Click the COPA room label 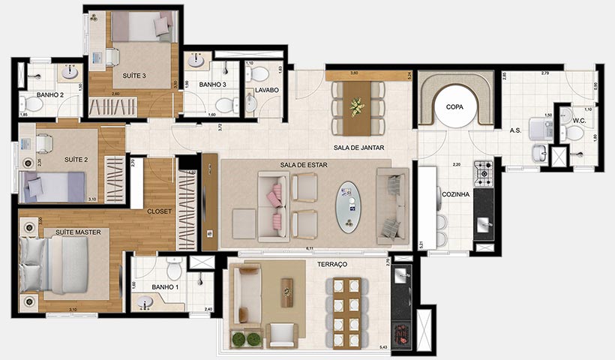click(454, 106)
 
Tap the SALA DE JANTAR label click(359, 148)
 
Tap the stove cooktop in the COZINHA click(482, 173)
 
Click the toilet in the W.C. click(574, 133)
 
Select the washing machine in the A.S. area click(541, 128)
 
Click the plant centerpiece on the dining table click(358, 106)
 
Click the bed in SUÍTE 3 click(142, 28)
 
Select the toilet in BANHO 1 click(174, 269)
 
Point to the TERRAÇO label click(332, 265)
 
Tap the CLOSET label click(160, 211)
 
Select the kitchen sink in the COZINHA click(484, 223)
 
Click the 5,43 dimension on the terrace click(383, 347)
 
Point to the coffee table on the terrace click(287, 292)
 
